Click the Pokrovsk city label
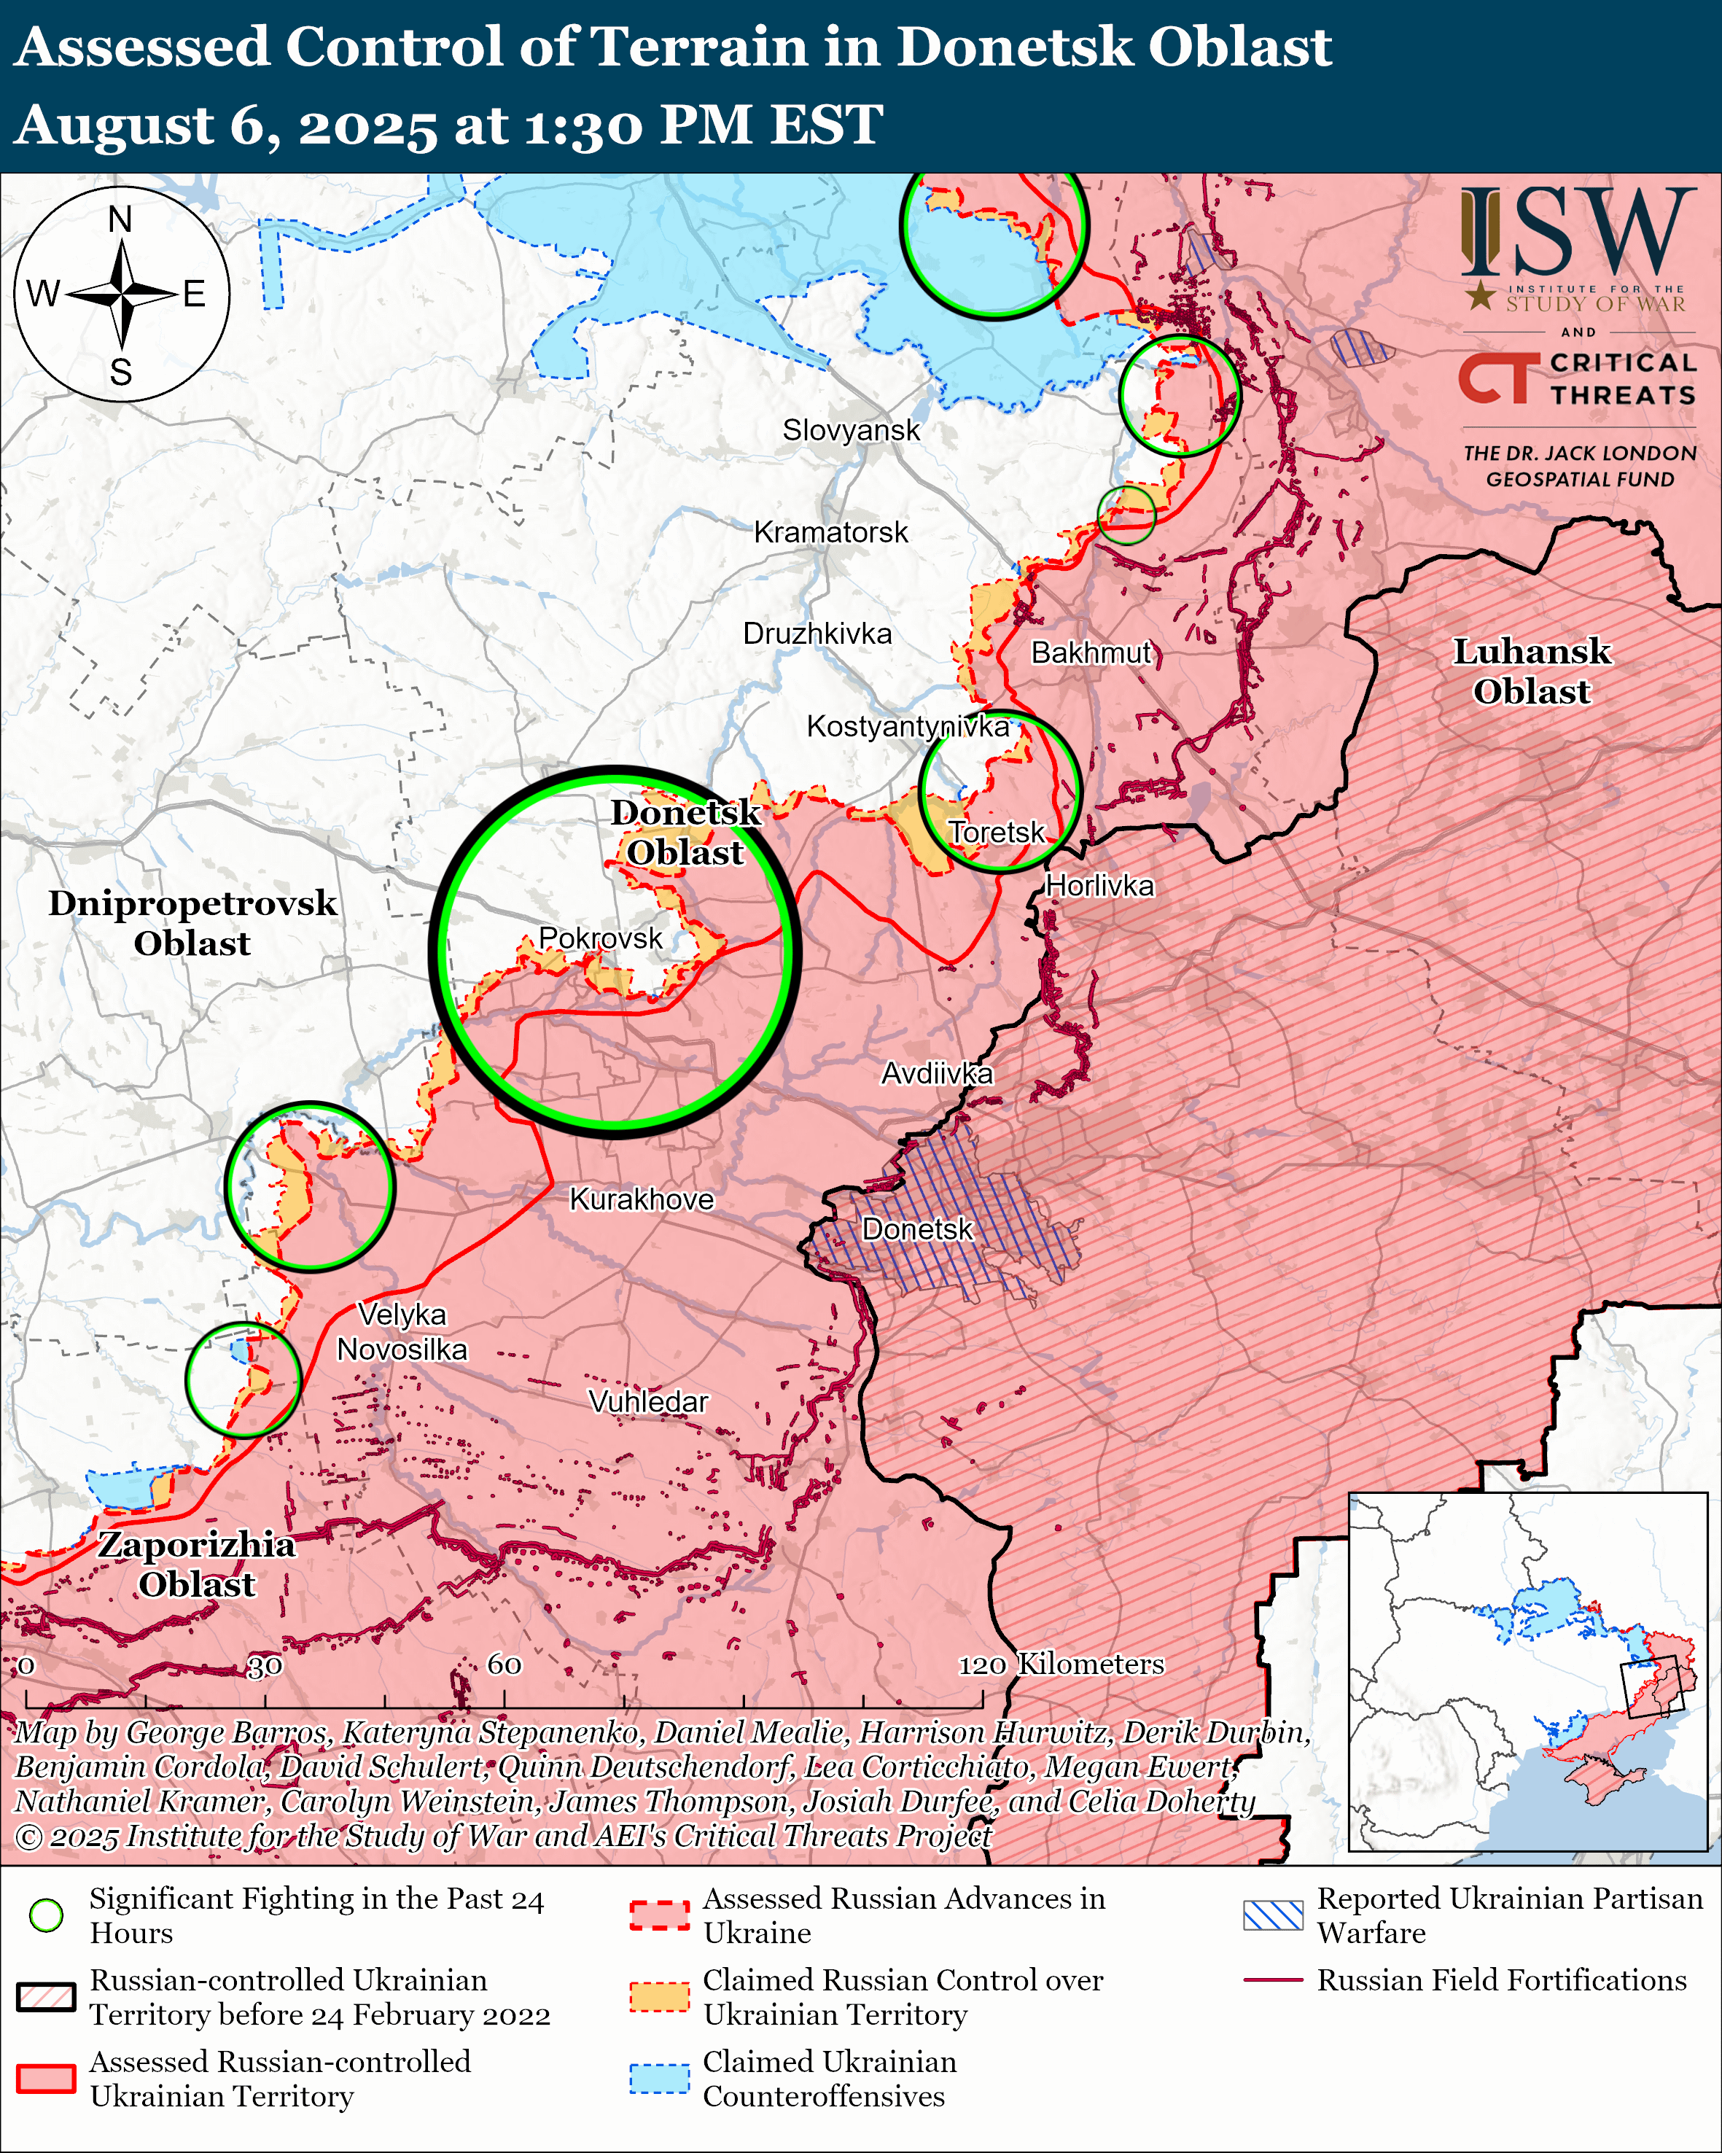600,938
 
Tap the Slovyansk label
851,430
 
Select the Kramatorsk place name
830,532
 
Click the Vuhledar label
648,1402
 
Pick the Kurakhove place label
641,1199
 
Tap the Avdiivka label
936,1073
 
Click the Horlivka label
1099,886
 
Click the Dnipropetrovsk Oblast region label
192,923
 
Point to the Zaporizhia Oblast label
197,1564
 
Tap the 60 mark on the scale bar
504,1665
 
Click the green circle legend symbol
46,1915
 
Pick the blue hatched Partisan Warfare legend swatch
1273,1915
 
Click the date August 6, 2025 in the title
225,126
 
